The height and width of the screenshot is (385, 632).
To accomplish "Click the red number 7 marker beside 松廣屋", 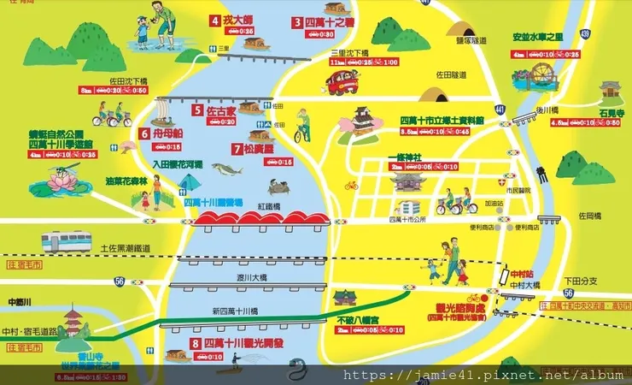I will tap(237, 148).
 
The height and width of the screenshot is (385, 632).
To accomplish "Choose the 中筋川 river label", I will tap(18, 300).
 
